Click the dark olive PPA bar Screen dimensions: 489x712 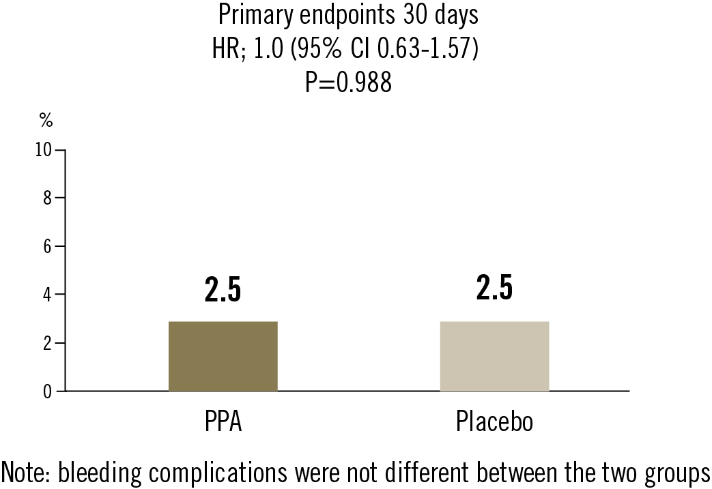[x=223, y=356]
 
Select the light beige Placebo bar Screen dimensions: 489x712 [x=494, y=356]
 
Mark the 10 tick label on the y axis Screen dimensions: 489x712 [x=44, y=150]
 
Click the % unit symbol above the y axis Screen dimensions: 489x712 [x=46, y=121]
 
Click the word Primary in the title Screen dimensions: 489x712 [x=250, y=14]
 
